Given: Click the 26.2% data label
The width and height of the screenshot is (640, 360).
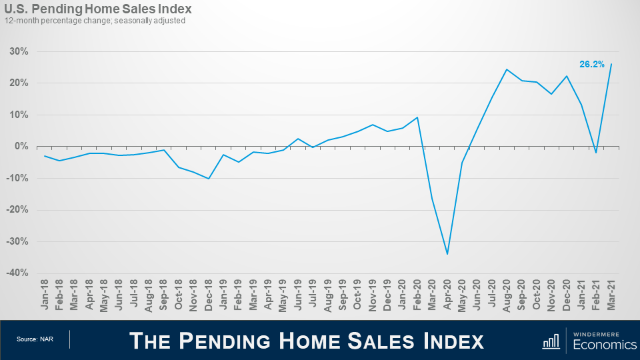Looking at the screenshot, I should (x=591, y=65).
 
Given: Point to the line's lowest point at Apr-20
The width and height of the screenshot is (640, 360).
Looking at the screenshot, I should (x=447, y=254).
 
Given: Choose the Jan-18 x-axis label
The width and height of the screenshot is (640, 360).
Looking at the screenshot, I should (x=45, y=294).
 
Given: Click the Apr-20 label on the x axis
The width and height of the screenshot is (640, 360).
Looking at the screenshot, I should (x=447, y=294).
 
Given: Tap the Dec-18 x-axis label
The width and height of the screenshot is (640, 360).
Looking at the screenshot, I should (x=209, y=294).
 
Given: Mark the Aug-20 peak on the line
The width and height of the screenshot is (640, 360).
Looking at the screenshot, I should (x=507, y=69).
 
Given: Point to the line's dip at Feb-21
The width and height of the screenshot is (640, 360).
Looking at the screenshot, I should (x=597, y=153).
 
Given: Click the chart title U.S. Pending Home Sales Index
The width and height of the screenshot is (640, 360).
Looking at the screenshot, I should (x=98, y=9).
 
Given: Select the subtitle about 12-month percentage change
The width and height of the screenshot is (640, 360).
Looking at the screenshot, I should (x=95, y=21).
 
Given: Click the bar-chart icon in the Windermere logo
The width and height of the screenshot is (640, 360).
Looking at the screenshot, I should (x=551, y=341).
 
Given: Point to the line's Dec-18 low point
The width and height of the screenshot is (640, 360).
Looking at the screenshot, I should (x=209, y=179).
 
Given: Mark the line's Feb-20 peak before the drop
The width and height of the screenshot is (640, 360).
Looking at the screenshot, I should (x=417, y=117).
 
